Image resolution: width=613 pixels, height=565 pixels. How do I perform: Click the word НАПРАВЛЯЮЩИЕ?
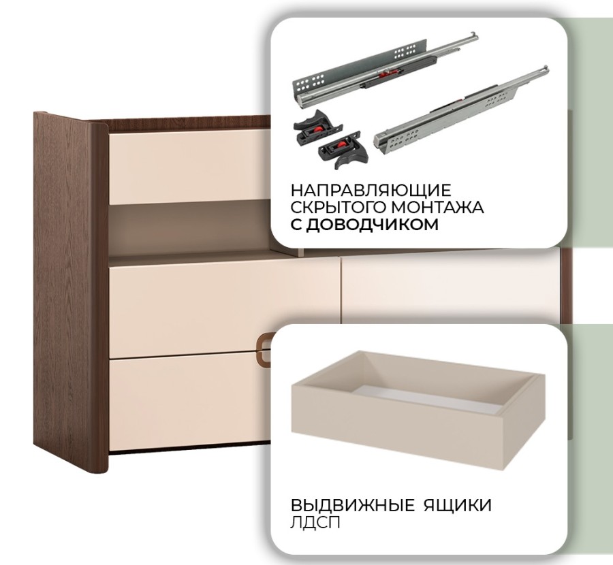tap(371, 191)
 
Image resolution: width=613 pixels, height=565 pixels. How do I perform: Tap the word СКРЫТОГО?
tap(337, 207)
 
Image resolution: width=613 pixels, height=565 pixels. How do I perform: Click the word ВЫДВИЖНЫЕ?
tap(352, 505)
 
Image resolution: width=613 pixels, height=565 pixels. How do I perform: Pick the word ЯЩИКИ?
tap(458, 505)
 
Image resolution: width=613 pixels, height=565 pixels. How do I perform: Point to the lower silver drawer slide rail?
tap(461, 110)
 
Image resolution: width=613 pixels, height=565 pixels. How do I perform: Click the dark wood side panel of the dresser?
tap(71, 291)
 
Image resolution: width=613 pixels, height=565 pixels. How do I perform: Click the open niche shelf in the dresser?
tap(189, 231)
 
